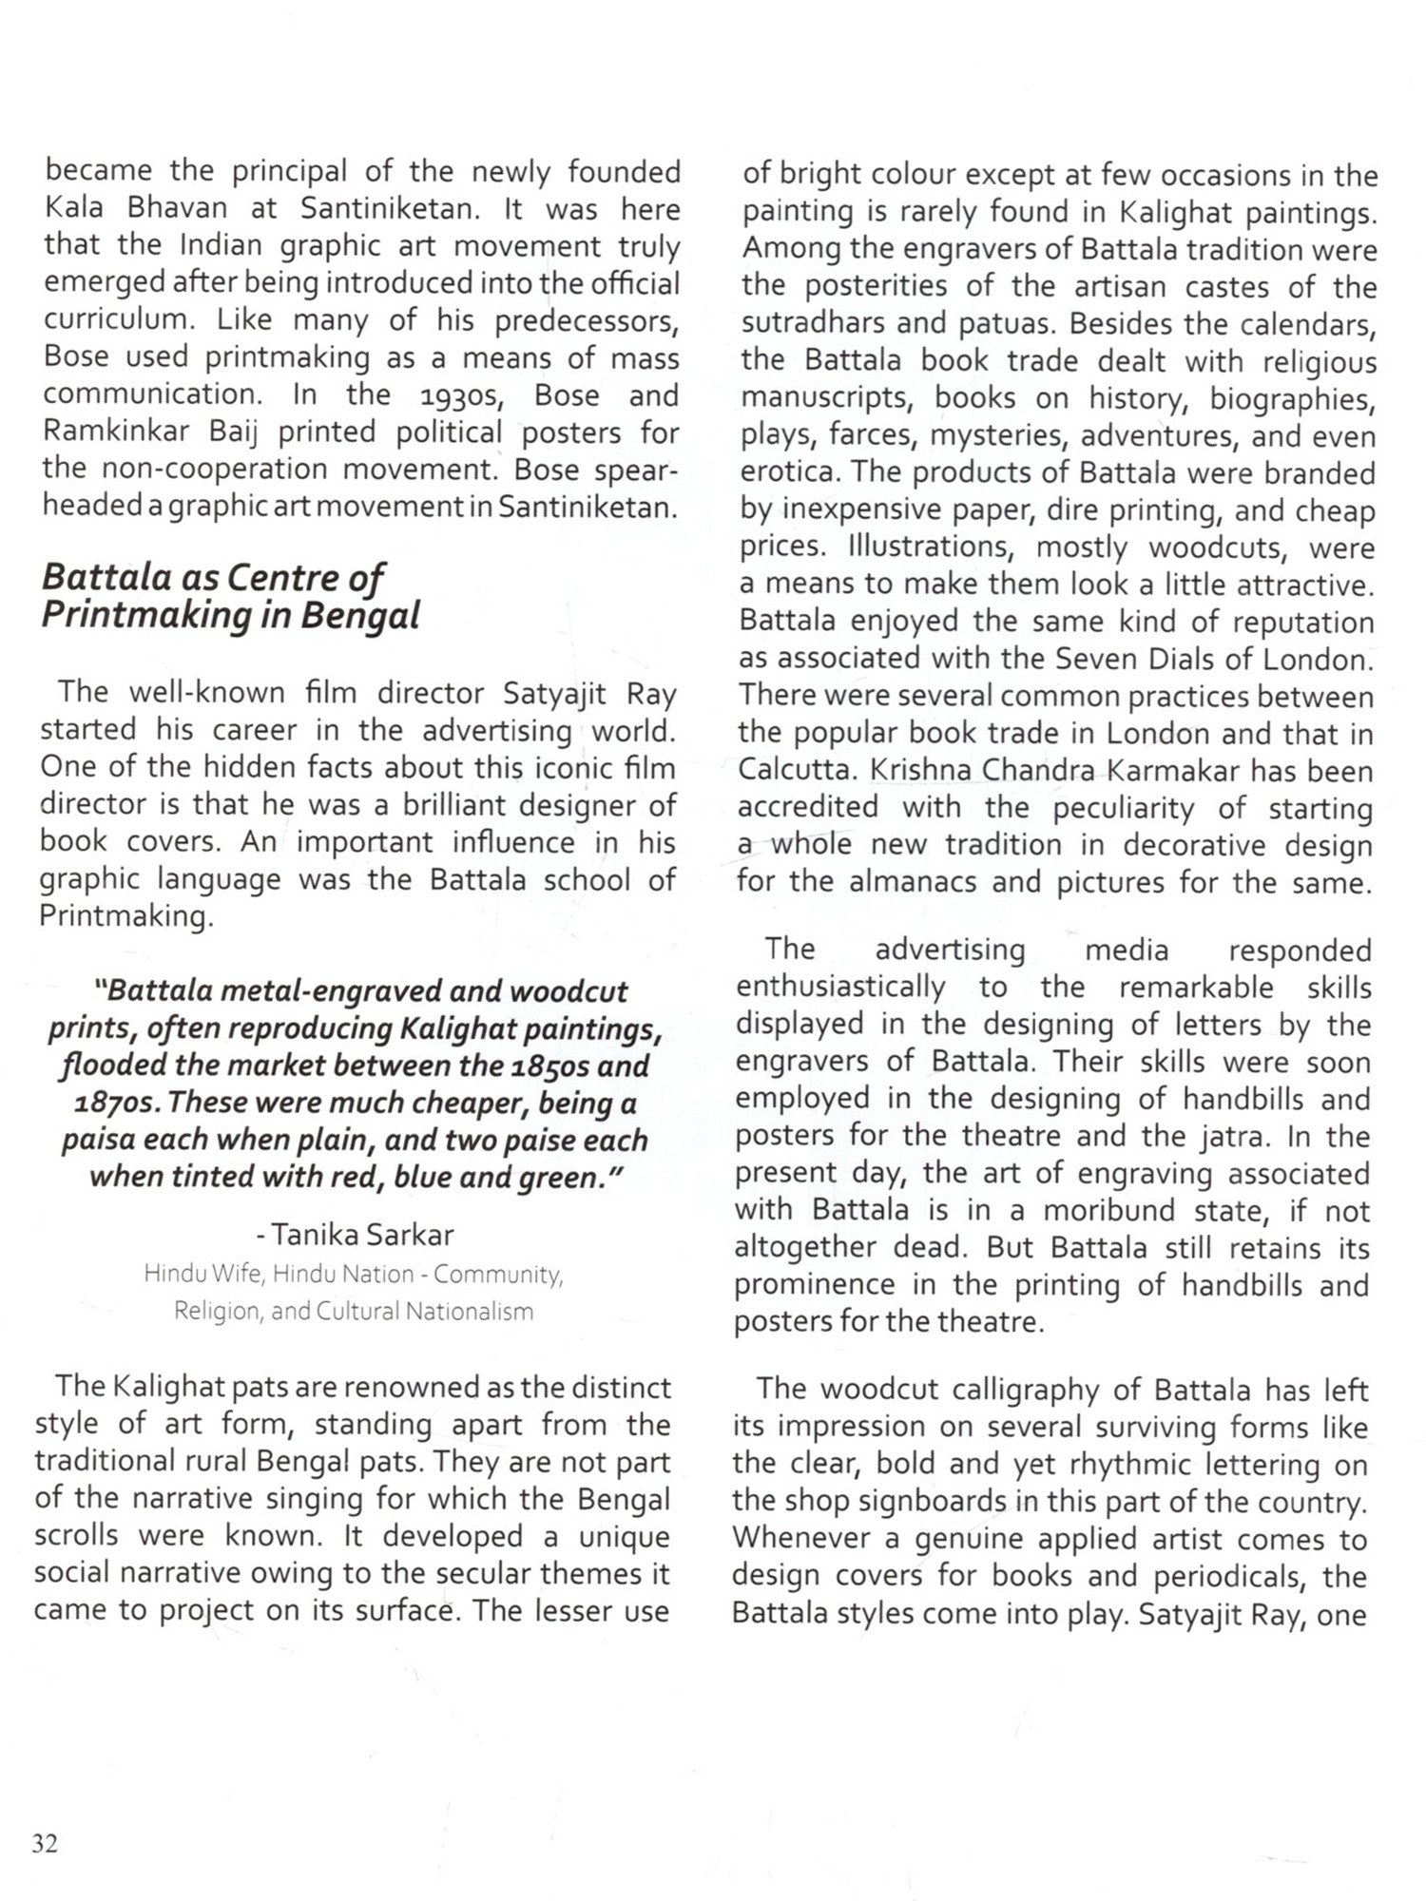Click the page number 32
click(x=45, y=1844)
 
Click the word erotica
click(x=789, y=473)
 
